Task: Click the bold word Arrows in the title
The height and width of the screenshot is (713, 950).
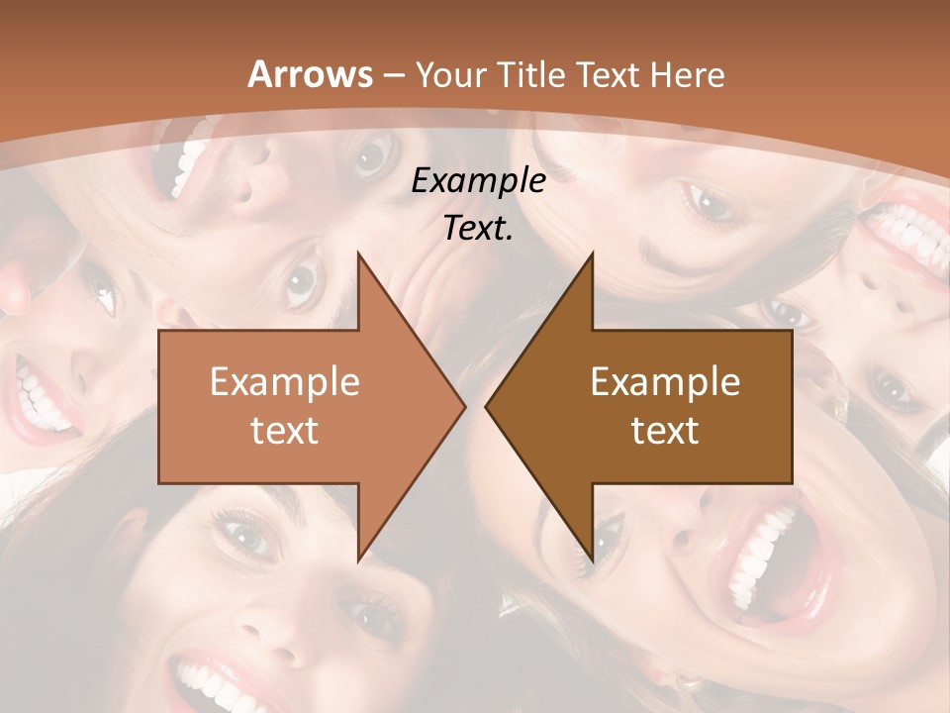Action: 311,74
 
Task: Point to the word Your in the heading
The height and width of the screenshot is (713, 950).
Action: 450,74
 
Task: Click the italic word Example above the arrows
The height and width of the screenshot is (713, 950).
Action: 478,180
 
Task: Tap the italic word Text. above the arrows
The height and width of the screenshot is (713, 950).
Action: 478,228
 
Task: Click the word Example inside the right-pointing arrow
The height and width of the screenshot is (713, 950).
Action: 285,381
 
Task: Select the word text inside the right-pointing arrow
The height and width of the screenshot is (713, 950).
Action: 285,430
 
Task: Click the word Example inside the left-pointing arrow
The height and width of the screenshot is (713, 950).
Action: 665,381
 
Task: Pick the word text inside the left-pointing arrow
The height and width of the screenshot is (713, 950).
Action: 665,430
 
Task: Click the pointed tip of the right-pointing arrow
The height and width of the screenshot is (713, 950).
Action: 464,406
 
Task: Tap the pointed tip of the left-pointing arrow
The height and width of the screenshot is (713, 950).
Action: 486,406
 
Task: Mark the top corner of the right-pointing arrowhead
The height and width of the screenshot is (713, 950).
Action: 358,254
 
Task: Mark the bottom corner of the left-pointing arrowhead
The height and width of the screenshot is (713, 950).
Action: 593,560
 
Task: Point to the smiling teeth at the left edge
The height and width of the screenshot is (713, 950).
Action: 40,396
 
